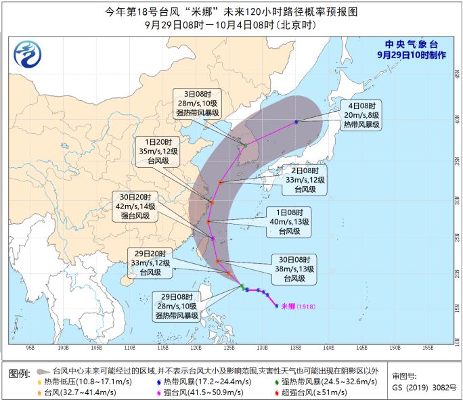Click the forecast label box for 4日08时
click(x=366, y=115)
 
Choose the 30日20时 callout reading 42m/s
click(x=135, y=206)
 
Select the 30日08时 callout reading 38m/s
click(x=295, y=269)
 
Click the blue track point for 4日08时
click(x=296, y=122)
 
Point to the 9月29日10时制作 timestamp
click(x=411, y=55)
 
